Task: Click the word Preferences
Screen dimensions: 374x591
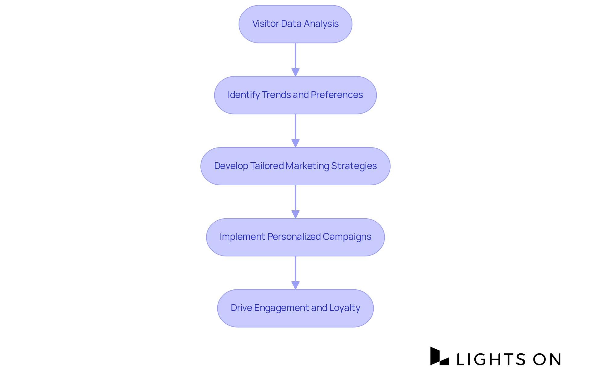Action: pos(337,95)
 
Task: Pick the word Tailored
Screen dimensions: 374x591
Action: pos(267,166)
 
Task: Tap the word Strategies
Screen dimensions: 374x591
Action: pos(354,166)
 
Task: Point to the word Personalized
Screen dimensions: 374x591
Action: pos(294,237)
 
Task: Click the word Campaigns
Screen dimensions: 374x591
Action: pos(347,237)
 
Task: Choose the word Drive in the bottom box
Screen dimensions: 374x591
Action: pos(241,308)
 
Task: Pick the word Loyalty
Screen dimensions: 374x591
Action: pos(345,308)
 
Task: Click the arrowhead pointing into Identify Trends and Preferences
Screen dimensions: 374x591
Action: pos(295,72)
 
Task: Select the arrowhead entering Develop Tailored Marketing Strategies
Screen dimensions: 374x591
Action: pos(295,143)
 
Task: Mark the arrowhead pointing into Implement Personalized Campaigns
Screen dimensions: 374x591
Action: pos(295,214)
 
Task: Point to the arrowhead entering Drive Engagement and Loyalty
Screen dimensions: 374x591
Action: pos(295,285)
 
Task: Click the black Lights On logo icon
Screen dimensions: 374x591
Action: pos(439,356)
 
